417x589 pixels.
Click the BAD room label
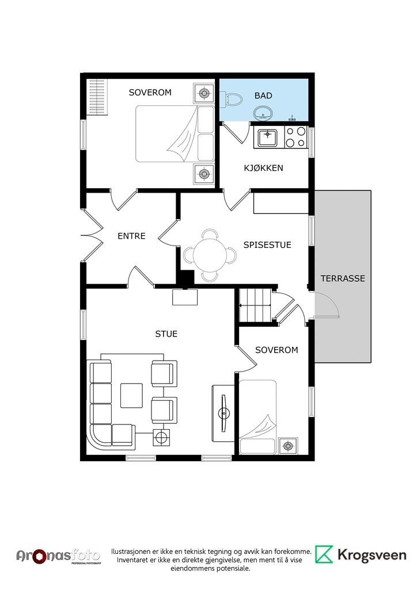click(x=263, y=96)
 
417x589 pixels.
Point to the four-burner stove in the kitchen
click(x=295, y=137)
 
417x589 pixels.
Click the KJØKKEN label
click(x=264, y=168)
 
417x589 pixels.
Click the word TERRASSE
click(x=343, y=278)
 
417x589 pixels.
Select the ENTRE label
click(x=131, y=236)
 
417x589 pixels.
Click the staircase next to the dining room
click(x=255, y=305)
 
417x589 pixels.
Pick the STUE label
click(x=166, y=334)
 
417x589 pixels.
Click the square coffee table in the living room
click(x=131, y=395)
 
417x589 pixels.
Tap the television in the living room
click(x=225, y=413)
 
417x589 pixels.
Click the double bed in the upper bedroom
click(x=175, y=133)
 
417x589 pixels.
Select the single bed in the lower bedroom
click(x=258, y=417)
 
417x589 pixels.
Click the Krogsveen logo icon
click(x=324, y=554)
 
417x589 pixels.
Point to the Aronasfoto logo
click(x=59, y=556)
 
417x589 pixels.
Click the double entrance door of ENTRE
click(x=92, y=235)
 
